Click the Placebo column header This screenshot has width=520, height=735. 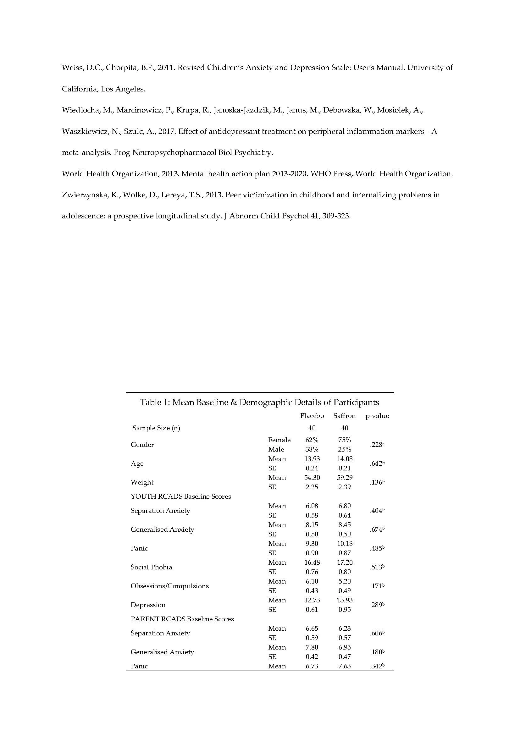click(312, 416)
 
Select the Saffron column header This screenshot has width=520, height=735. click(345, 416)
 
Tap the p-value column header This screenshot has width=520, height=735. click(377, 416)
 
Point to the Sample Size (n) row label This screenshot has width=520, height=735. click(156, 428)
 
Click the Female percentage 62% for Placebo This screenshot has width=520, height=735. click(312, 440)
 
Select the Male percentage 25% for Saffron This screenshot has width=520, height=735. click(345, 449)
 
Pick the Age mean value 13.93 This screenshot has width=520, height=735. click(312, 459)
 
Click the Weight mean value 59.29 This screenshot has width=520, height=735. click(345, 478)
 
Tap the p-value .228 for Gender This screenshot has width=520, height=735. click(377, 445)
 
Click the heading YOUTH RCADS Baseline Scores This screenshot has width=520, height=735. click(180, 496)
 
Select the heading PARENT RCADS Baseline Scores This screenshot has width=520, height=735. click(182, 619)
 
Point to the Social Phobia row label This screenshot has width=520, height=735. click(151, 567)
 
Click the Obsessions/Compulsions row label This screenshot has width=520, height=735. click(169, 586)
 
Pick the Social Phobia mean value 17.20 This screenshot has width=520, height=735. click(345, 562)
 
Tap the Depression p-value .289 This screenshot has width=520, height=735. click(377, 605)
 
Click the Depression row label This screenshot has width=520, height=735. click(148, 605)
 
